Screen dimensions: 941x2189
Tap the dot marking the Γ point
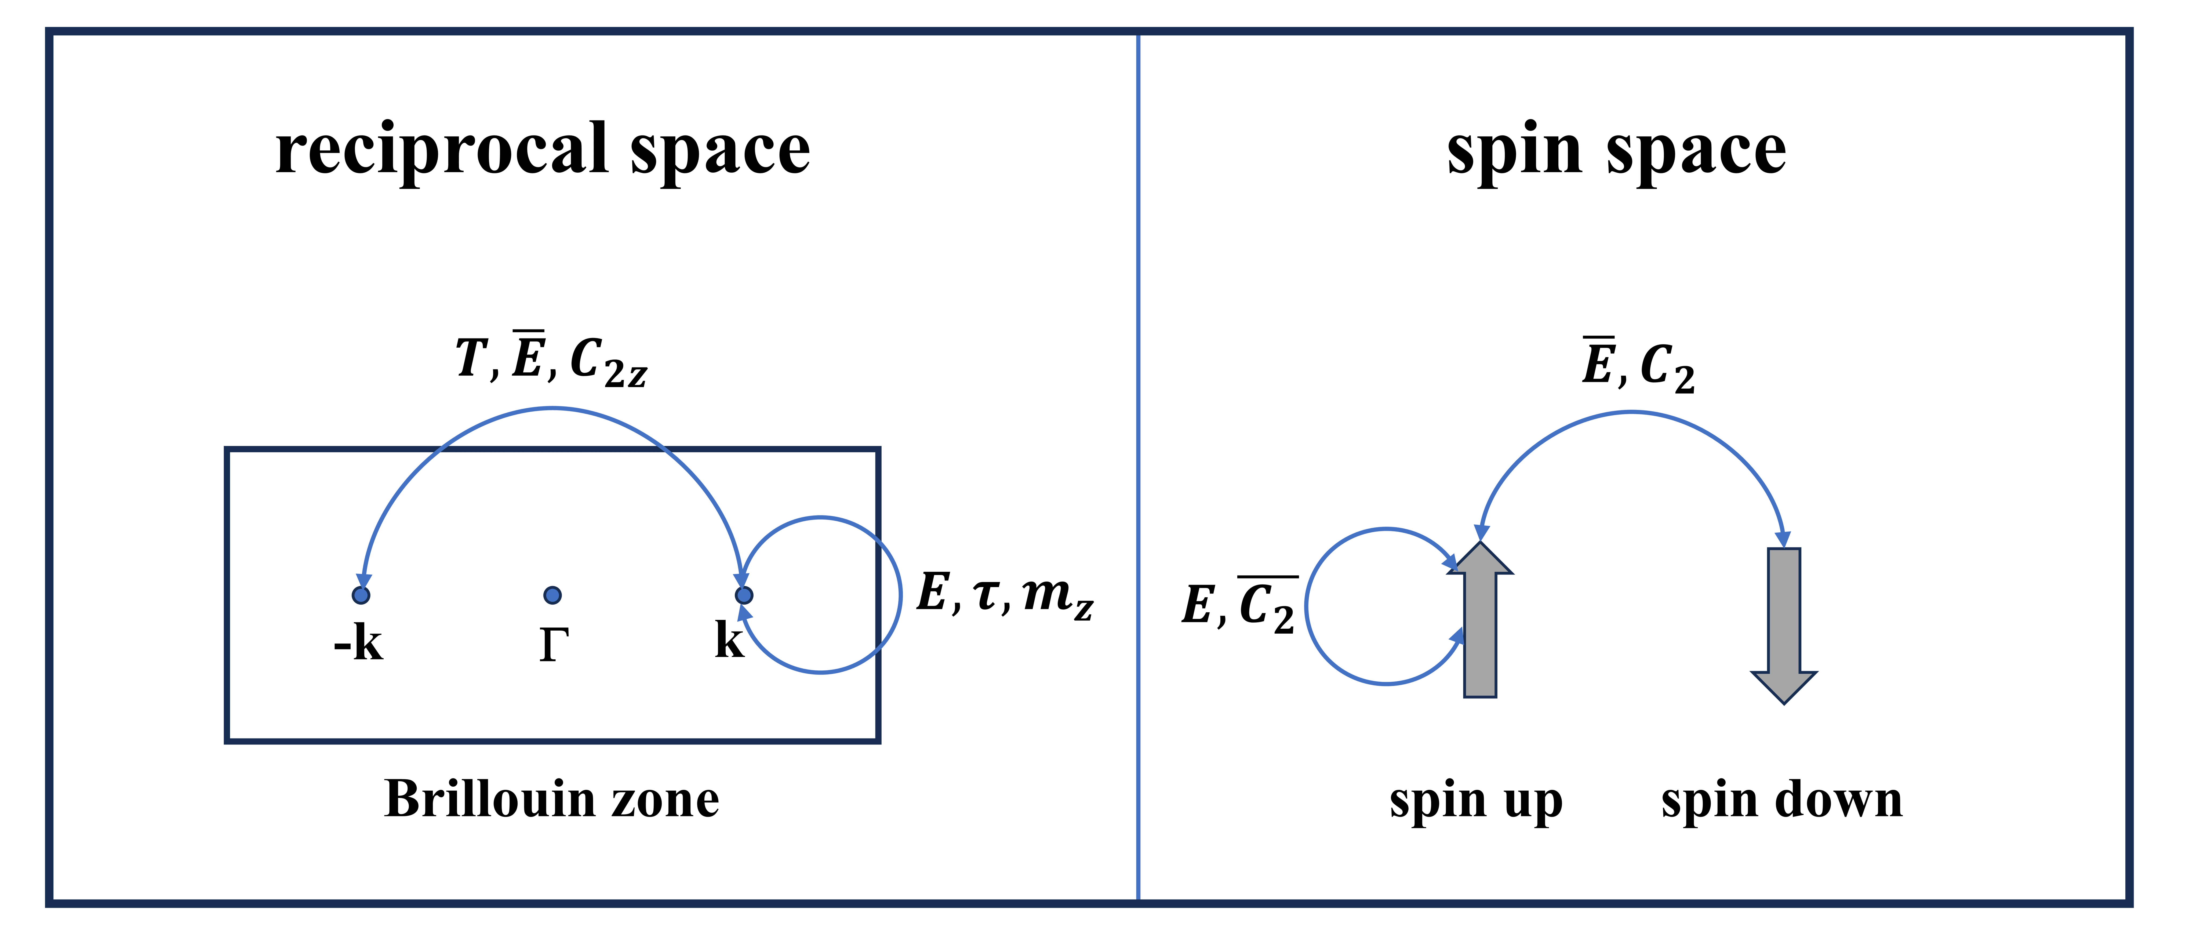(x=552, y=595)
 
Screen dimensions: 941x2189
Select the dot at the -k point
(x=361, y=595)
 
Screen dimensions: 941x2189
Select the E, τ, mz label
(x=1004, y=593)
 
